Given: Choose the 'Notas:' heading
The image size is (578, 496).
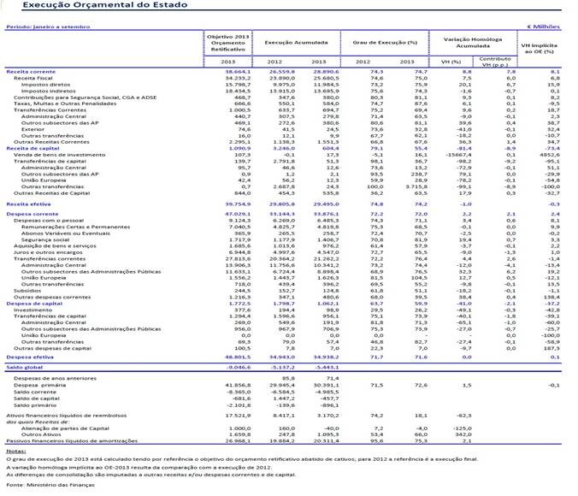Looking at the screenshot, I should pos(15,450).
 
